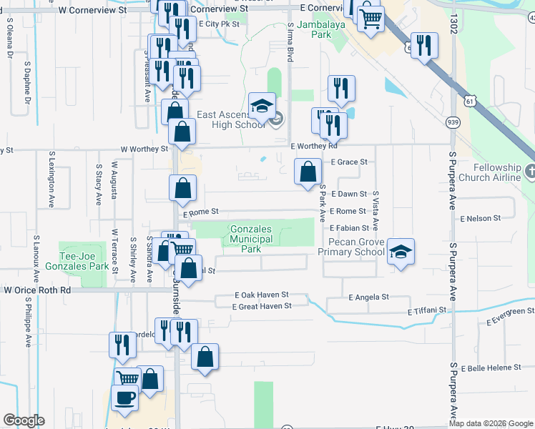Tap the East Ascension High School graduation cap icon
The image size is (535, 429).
[x=262, y=107]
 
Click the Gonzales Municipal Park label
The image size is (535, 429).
[x=251, y=240]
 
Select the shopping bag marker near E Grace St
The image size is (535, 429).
[x=308, y=172]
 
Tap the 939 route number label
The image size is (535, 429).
[x=453, y=123]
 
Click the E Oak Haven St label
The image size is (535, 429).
[x=262, y=295]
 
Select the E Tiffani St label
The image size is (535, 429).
[x=427, y=312]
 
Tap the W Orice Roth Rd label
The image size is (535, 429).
[x=37, y=291]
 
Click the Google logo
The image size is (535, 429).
[x=24, y=420]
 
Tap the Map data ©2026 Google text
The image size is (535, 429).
[x=491, y=423]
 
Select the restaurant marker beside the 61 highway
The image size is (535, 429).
[x=425, y=46]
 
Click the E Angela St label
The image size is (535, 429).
[x=368, y=297]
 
